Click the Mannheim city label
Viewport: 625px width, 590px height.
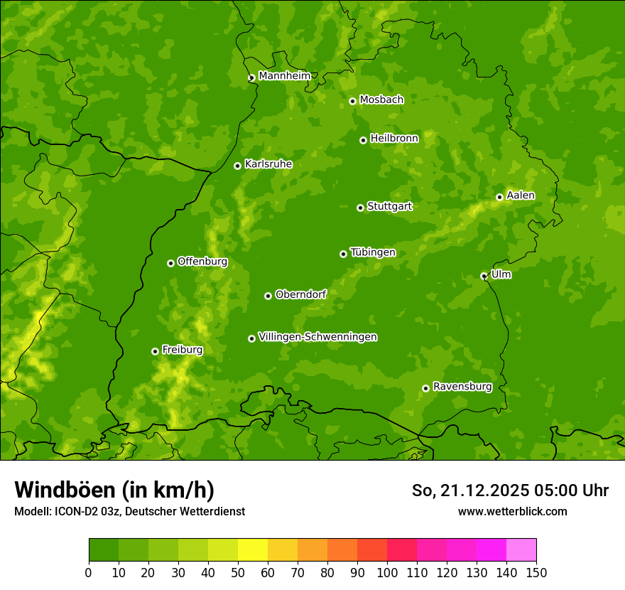click(x=284, y=76)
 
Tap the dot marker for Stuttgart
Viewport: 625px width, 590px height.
click(x=360, y=208)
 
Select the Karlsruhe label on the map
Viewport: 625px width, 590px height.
click(x=268, y=164)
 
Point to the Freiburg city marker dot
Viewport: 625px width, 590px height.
click(x=155, y=351)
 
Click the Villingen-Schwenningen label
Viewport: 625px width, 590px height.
click(x=317, y=337)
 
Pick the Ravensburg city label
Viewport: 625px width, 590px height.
click(x=462, y=387)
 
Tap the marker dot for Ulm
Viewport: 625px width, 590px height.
click(x=484, y=276)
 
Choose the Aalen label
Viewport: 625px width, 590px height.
click(x=521, y=195)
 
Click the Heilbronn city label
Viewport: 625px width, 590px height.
click(x=394, y=139)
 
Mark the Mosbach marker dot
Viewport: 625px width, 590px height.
click(x=352, y=101)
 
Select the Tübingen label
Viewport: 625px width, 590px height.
click(x=373, y=252)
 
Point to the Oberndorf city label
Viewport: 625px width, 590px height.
click(x=300, y=294)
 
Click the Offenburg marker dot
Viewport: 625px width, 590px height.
click(x=170, y=263)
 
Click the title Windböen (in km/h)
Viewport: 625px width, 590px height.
click(x=114, y=490)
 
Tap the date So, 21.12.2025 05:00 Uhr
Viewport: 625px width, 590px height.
click(x=510, y=490)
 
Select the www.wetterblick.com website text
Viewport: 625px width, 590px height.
click(x=512, y=511)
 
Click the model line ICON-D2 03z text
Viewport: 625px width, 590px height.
click(x=129, y=511)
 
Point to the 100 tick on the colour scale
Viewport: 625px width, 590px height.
click(x=387, y=572)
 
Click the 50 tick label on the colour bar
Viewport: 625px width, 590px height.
click(x=238, y=572)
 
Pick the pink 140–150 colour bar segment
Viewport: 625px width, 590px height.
click(x=521, y=550)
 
